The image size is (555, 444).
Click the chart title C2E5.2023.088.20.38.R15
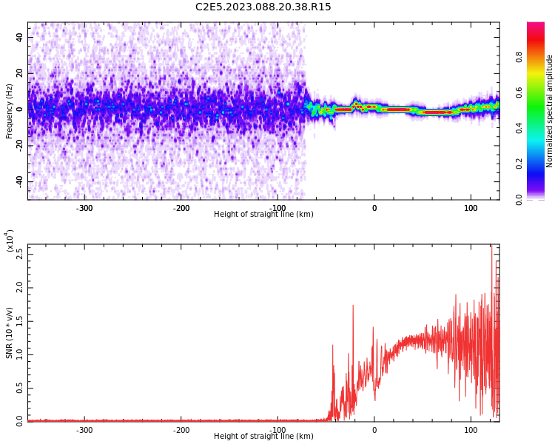(x=263, y=7)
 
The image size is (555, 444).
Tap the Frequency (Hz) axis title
(x=10, y=111)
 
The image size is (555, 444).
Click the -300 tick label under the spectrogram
(x=84, y=208)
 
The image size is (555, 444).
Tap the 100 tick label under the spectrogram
(x=471, y=208)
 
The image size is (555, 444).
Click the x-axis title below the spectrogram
(x=263, y=215)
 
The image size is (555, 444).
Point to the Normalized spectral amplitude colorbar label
(x=550, y=111)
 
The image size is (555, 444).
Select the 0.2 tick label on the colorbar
(x=540, y=164)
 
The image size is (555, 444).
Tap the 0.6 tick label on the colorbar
(x=540, y=92)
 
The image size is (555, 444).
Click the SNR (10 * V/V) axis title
(x=10, y=333)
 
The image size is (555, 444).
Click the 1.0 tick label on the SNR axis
(x=19, y=354)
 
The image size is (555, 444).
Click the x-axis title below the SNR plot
(x=263, y=437)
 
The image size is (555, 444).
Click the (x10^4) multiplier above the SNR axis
(x=10, y=240)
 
